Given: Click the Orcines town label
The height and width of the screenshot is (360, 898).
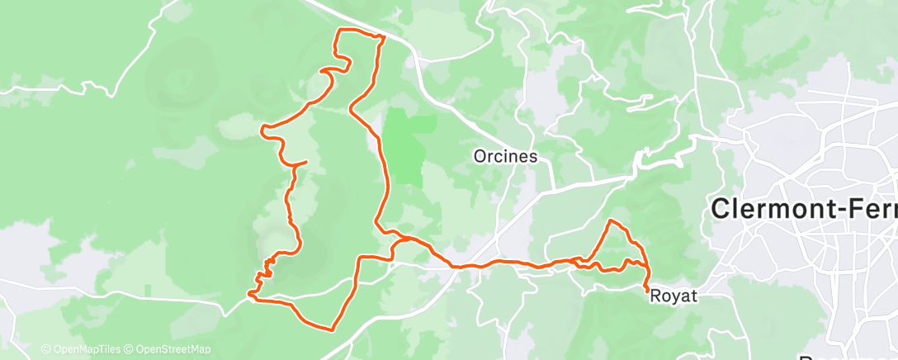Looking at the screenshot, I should click(506, 156).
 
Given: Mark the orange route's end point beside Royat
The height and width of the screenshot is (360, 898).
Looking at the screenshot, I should click(645, 290).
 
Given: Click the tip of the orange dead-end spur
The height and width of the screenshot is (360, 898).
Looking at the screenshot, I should click(307, 162).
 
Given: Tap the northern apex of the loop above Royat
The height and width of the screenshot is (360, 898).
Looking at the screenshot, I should click(612, 221).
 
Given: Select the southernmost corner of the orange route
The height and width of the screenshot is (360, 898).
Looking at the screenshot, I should click(332, 330).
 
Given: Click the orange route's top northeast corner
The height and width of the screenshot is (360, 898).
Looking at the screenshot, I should click(382, 37).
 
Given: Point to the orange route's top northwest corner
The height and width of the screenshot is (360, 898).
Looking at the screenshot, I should click(337, 31).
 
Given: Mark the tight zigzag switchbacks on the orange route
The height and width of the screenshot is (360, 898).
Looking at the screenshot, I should click(267, 269).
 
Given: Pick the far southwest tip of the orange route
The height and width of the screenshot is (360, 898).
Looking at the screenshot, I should click(249, 293).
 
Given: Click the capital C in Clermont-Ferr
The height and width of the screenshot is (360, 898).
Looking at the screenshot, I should click(721, 210).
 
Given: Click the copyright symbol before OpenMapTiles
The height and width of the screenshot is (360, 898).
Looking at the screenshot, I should click(45, 349).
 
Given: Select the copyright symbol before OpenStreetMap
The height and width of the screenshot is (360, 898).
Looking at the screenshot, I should click(130, 349).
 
